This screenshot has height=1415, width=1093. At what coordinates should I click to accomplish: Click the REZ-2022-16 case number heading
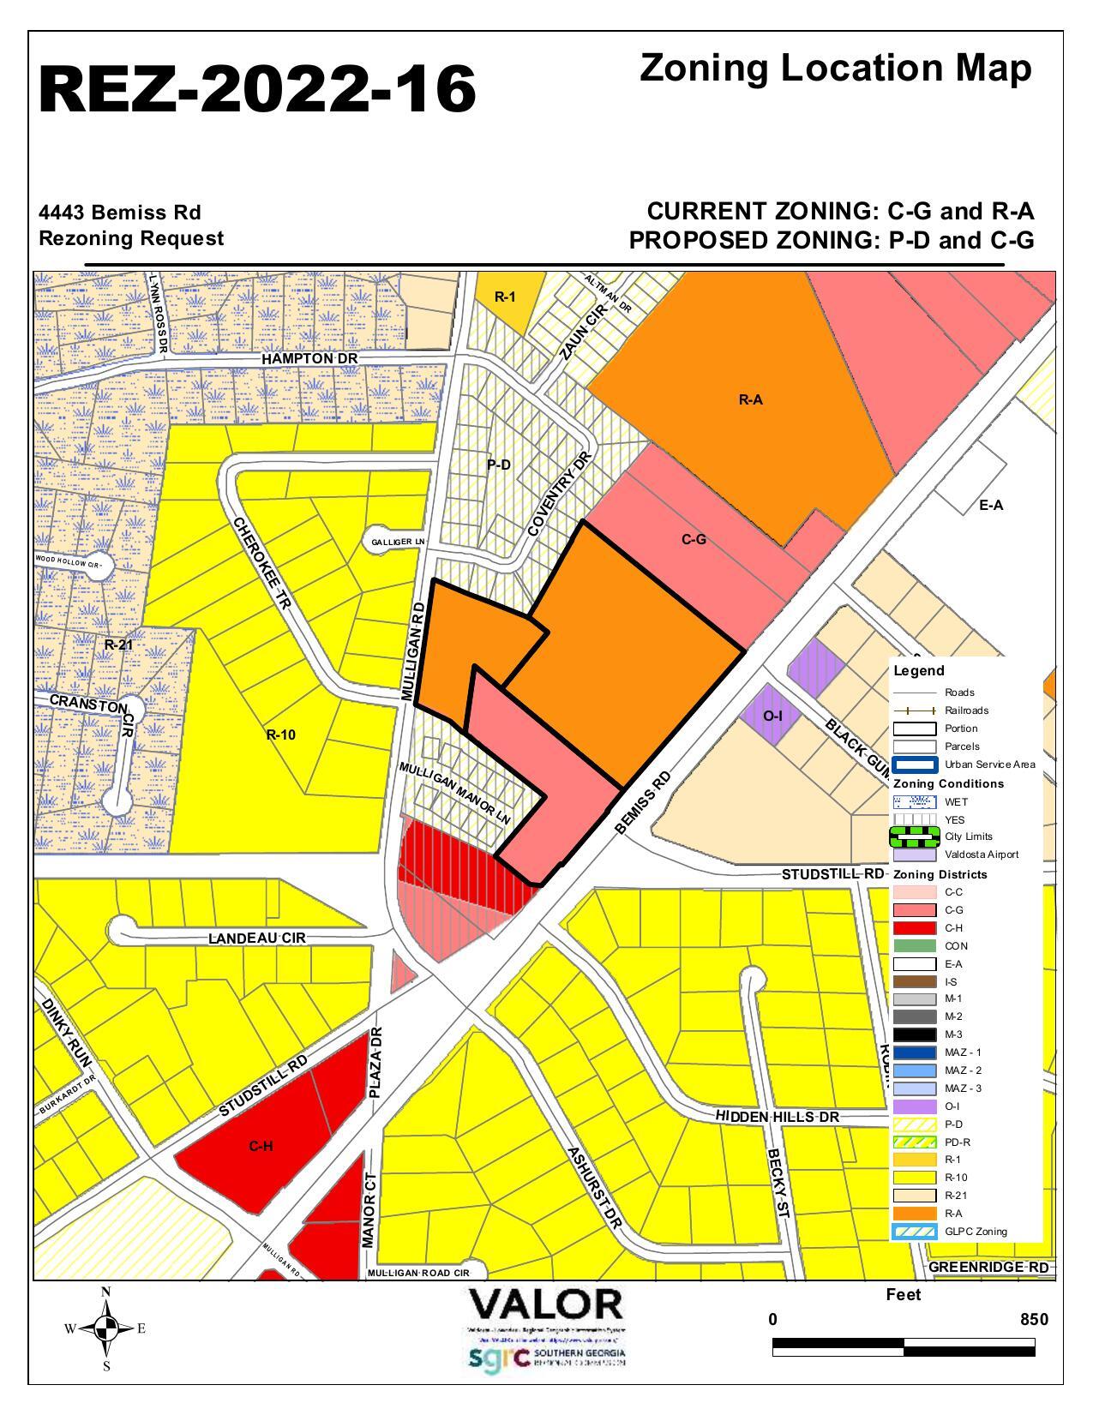point(257,89)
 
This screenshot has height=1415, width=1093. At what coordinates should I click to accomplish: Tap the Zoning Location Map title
point(835,69)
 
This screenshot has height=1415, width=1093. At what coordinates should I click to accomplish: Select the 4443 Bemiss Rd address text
point(120,212)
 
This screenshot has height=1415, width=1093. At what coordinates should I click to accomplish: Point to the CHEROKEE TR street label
point(262,563)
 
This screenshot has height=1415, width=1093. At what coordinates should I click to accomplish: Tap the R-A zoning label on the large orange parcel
point(750,399)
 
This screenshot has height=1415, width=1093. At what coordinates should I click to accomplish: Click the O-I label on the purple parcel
point(772,715)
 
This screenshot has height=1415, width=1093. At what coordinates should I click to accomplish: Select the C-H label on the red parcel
point(261,1146)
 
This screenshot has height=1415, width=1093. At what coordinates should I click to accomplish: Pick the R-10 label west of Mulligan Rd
point(280,734)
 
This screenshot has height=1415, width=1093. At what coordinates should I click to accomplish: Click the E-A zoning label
point(990,506)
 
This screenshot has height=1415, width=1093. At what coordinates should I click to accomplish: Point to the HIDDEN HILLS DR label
point(777,1118)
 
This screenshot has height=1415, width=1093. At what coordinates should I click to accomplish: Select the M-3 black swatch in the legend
point(914,1034)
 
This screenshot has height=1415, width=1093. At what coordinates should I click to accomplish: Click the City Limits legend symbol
point(914,835)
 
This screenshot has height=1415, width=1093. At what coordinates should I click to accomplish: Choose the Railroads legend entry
point(965,710)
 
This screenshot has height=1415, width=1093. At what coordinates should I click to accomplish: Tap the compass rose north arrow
point(106,1328)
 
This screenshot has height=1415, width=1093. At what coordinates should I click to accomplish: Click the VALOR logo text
point(545,1305)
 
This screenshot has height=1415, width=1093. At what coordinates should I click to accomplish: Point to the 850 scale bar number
point(1034,1319)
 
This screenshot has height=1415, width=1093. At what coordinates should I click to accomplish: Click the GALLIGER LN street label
point(398,543)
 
